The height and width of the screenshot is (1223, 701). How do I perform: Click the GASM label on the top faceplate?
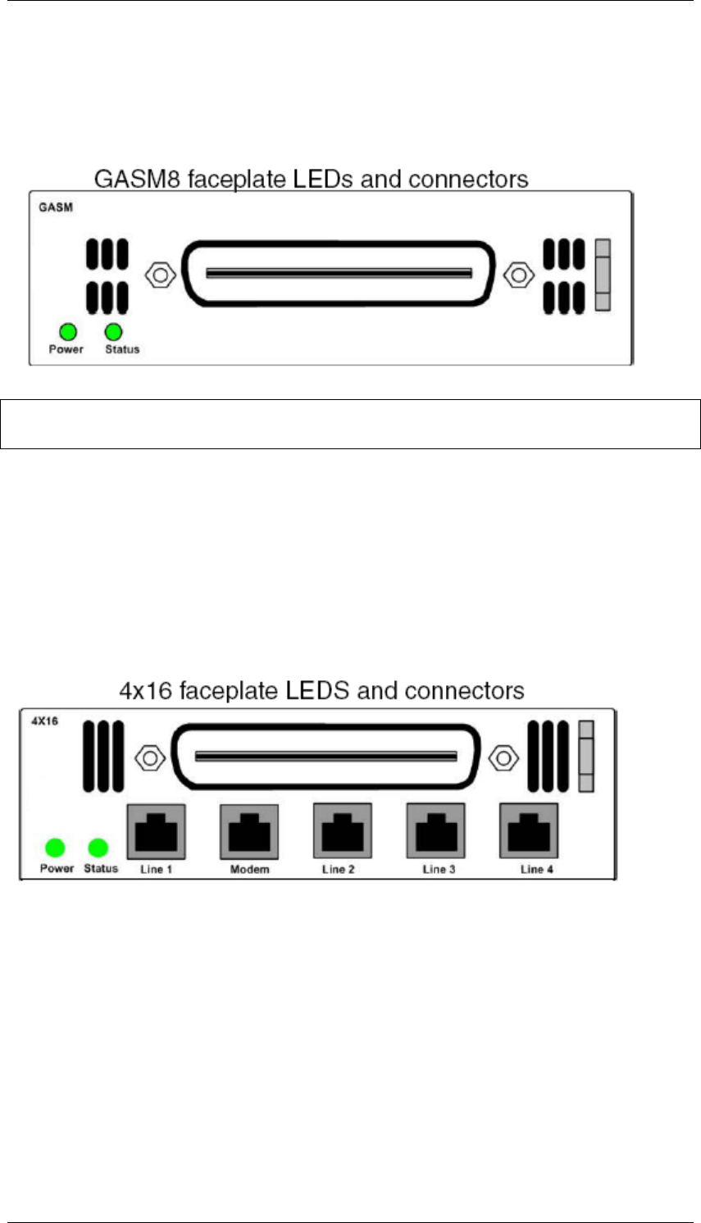pyautogui.click(x=56, y=207)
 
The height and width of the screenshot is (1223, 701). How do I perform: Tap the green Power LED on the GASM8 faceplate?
pyautogui.click(x=67, y=332)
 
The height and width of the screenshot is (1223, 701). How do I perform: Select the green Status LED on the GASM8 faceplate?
pyautogui.click(x=114, y=332)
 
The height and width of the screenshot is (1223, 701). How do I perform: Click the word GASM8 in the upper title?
pyautogui.click(x=138, y=179)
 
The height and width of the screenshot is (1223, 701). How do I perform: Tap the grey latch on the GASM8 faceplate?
pyautogui.click(x=603, y=275)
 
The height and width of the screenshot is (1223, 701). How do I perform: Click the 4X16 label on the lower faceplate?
pyautogui.click(x=44, y=722)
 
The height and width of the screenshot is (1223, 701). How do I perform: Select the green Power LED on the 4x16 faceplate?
pyautogui.click(x=55, y=848)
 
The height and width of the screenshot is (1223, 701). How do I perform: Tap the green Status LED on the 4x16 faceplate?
pyautogui.click(x=98, y=848)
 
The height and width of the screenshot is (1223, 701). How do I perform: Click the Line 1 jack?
pyautogui.click(x=156, y=831)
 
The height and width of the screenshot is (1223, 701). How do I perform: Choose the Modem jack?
pyautogui.click(x=249, y=831)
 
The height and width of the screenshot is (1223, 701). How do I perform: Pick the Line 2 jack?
pyautogui.click(x=343, y=831)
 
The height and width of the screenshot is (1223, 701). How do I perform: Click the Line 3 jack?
pyautogui.click(x=436, y=831)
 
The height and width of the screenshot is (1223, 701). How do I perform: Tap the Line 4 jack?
pyautogui.click(x=530, y=831)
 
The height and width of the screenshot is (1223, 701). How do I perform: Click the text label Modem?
pyautogui.click(x=249, y=869)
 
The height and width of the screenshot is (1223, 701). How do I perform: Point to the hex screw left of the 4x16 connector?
pyautogui.click(x=148, y=757)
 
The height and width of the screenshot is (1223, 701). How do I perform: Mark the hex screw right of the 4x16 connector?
pyautogui.click(x=503, y=757)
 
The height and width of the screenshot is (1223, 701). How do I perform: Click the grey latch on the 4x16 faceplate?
pyautogui.click(x=585, y=757)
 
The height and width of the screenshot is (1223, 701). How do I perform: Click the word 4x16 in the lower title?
pyautogui.click(x=146, y=690)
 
